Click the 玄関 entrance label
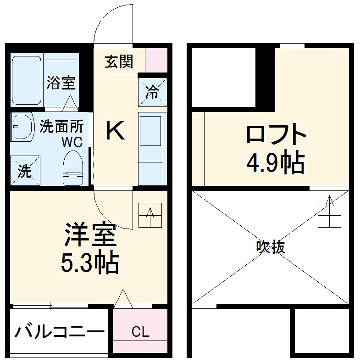click(x=119, y=61)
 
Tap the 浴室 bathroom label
click(x=61, y=83)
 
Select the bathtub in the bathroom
click(x=27, y=81)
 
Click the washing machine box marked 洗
click(x=25, y=171)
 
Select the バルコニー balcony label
click(x=59, y=331)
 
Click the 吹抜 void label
click(x=271, y=247)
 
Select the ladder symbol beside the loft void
click(x=330, y=209)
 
